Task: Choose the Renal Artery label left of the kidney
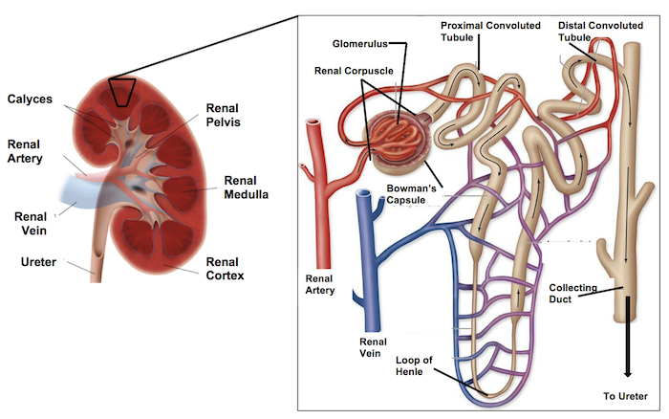point(27,151)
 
